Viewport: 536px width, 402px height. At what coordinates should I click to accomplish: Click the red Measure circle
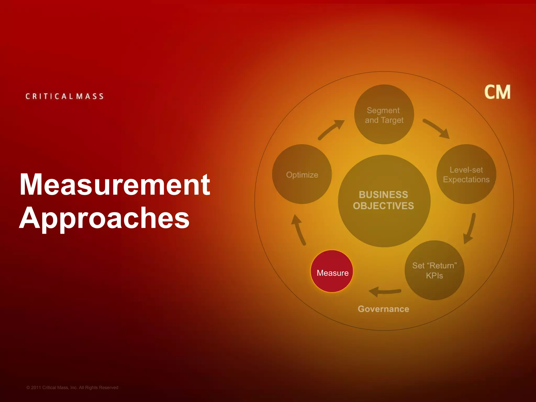pos(332,271)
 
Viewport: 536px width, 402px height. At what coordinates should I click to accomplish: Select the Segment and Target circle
pos(384,114)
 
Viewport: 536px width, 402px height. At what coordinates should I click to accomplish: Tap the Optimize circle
pos(302,174)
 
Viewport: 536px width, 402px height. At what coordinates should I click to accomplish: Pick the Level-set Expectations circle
pos(466,174)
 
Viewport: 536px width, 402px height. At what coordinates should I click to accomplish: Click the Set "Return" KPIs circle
pos(434,270)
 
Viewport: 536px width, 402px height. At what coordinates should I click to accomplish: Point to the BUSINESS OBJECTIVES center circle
pos(384,201)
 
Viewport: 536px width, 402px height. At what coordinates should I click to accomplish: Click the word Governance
pos(383,309)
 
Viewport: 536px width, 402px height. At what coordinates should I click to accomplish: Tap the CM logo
pos(497,92)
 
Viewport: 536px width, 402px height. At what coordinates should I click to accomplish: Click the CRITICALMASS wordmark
pos(65,96)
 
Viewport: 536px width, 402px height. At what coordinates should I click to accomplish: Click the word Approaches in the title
pos(104,218)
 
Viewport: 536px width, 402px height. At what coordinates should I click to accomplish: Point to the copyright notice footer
pos(72,388)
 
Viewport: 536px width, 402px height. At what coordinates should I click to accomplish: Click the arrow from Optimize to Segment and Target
pos(331,130)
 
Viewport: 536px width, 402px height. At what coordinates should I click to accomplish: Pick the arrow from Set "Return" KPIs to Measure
pos(385,292)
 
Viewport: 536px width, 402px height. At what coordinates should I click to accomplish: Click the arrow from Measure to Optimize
pos(299,229)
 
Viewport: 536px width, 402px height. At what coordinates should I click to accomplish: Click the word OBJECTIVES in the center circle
pos(383,206)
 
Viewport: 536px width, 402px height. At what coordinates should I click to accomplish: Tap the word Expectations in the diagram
pos(466,180)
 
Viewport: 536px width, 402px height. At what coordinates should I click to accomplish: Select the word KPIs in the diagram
pos(434,276)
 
